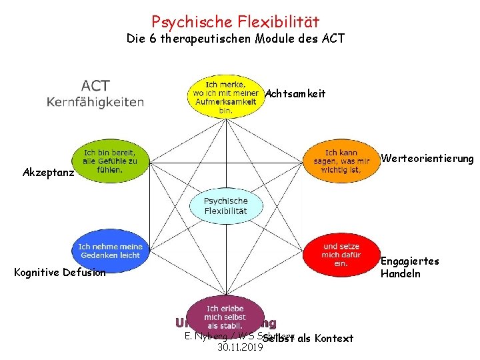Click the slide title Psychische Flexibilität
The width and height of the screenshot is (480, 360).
pyautogui.click(x=235, y=22)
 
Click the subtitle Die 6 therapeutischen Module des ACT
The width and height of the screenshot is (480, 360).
pyautogui.click(x=235, y=39)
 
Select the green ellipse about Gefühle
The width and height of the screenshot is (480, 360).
pyautogui.click(x=110, y=161)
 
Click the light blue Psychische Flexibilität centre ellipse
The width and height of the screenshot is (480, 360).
pyautogui.click(x=225, y=206)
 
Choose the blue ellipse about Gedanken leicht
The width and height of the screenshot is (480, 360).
pyautogui.click(x=110, y=251)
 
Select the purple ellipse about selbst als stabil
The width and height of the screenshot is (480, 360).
pyautogui.click(x=225, y=316)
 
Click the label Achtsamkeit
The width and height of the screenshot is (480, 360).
pyautogui.click(x=295, y=94)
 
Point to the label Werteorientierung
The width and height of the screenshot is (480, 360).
pyautogui.click(x=427, y=159)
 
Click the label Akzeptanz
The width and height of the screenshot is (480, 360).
pyautogui.click(x=47, y=172)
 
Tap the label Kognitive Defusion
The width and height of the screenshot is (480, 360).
pyautogui.click(x=59, y=272)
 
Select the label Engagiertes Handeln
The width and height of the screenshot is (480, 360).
pyautogui.click(x=409, y=267)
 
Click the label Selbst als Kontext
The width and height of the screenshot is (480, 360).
pyautogui.click(x=309, y=338)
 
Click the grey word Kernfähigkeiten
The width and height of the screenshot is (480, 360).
pyautogui.click(x=95, y=102)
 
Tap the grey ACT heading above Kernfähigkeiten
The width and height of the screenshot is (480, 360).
pyautogui.click(x=95, y=86)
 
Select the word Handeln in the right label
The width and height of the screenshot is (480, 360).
pyautogui.click(x=400, y=273)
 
